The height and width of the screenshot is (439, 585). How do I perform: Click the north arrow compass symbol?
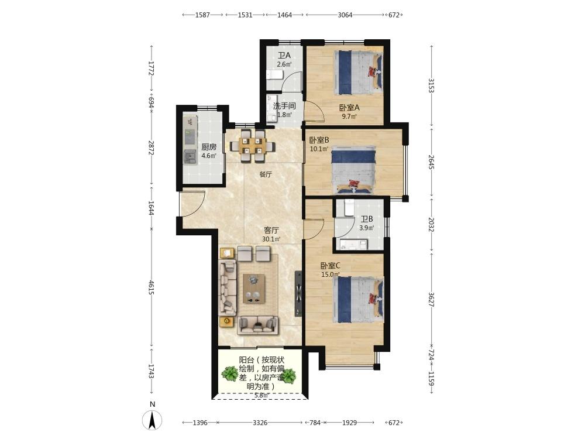point(152,420)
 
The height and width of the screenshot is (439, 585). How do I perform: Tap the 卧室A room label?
point(349,108)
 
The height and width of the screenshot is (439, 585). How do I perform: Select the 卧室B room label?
point(319,140)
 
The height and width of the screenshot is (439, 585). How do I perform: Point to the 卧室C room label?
point(331,266)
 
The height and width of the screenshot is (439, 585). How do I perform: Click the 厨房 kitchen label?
point(209,147)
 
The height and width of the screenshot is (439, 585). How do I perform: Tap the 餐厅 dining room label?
point(266,174)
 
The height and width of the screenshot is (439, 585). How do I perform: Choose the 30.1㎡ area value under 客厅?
point(271,239)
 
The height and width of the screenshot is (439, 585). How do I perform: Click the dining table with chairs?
point(253,146)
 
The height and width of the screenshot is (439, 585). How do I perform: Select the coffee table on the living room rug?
point(254,289)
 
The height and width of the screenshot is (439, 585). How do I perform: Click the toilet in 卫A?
point(274,75)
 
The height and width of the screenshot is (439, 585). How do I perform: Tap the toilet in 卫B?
point(349,208)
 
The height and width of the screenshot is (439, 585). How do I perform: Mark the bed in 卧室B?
point(353,170)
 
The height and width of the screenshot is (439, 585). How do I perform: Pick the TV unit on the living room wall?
point(298,293)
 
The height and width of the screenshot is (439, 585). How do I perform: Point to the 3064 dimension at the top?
point(345,15)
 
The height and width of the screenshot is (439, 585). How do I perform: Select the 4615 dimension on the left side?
point(151,287)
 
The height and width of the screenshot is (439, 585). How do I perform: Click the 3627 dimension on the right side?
point(431,300)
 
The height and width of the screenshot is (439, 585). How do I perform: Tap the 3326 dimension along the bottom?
point(260,423)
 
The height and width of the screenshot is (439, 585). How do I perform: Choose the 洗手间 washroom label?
point(284,106)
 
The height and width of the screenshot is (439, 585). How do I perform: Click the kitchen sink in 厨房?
point(190,156)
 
